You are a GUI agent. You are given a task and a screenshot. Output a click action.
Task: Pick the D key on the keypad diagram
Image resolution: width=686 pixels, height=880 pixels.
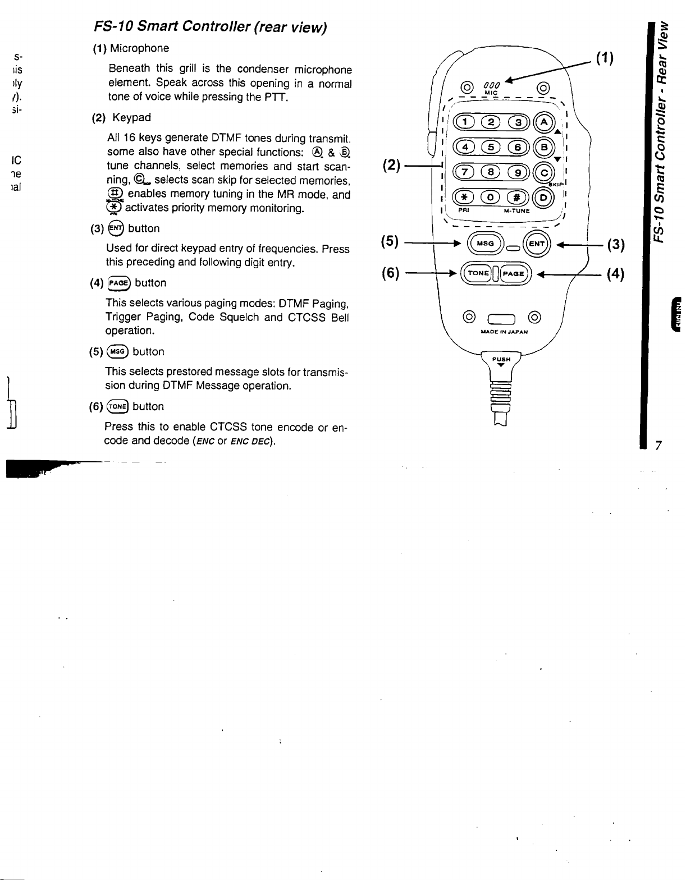pyautogui.click(x=543, y=198)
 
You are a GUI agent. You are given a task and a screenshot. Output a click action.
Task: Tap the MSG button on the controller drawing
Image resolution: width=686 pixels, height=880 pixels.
pyautogui.click(x=482, y=243)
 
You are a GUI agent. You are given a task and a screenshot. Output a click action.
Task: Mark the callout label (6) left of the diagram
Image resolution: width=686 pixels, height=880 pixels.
pyautogui.click(x=390, y=273)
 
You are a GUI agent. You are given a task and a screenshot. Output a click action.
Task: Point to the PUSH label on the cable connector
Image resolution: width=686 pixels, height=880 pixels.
pyautogui.click(x=501, y=359)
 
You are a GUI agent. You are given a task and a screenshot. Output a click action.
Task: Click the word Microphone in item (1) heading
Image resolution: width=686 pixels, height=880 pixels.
pyautogui.click(x=139, y=48)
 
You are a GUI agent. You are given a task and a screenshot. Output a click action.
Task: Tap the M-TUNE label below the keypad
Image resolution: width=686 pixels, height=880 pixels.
pyautogui.click(x=515, y=211)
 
